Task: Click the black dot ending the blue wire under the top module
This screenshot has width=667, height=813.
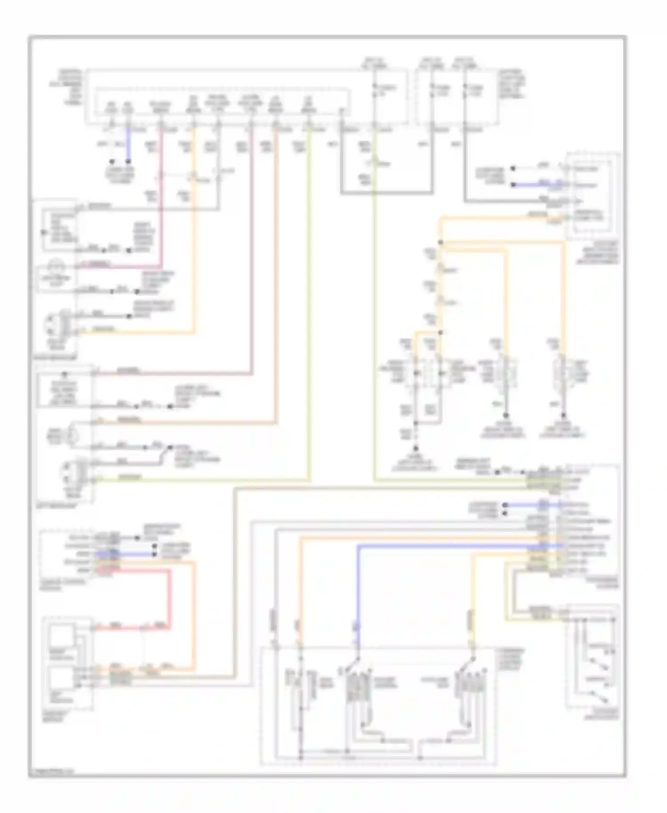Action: coord(129,162)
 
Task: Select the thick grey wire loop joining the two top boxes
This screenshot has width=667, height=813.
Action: coord(387,193)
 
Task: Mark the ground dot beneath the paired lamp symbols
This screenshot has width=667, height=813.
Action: coord(416,449)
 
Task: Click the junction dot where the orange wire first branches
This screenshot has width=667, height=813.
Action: coord(440,242)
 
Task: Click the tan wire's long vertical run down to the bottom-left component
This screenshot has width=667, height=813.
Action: coord(234,578)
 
